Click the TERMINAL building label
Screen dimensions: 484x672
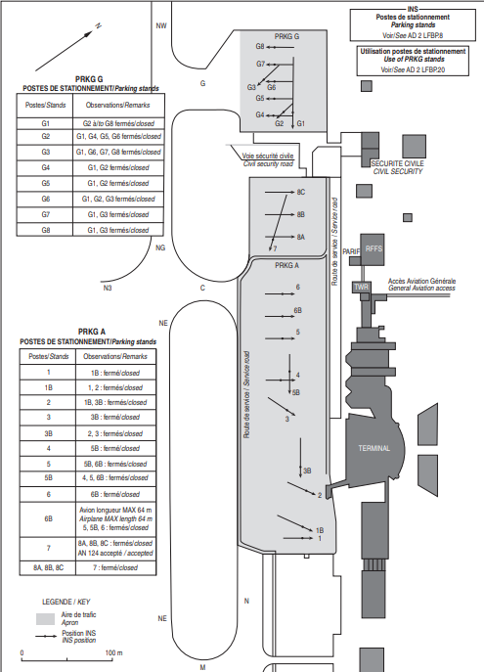pyautogui.click(x=374, y=448)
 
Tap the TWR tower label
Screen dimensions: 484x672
pyautogui.click(x=361, y=287)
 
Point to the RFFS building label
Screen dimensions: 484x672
pyautogui.click(x=374, y=248)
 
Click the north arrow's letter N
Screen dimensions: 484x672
pyautogui.click(x=99, y=26)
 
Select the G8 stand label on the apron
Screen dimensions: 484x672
pyautogui.click(x=260, y=46)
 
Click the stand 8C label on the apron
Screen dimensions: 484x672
pyautogui.click(x=301, y=192)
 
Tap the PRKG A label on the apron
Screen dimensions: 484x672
pyautogui.click(x=286, y=266)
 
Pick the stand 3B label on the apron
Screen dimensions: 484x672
pyautogui.click(x=307, y=470)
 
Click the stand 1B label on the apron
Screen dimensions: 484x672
pyautogui.click(x=320, y=530)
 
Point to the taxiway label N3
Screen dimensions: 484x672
pyautogui.click(x=108, y=288)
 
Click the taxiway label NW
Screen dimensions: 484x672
pyautogui.click(x=161, y=25)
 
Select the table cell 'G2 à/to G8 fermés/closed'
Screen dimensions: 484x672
pyautogui.click(x=118, y=123)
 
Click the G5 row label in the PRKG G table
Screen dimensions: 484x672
pyautogui.click(x=45, y=183)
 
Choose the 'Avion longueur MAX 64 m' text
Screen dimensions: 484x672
pyautogui.click(x=115, y=510)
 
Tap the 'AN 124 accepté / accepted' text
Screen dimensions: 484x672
pyautogui.click(x=115, y=553)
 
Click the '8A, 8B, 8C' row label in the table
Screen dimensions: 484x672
pyautogui.click(x=49, y=567)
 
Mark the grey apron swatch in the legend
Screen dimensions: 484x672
pyautogui.click(x=45, y=619)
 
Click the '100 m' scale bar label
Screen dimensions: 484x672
pyautogui.click(x=114, y=652)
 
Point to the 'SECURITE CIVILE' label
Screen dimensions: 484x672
pyautogui.click(x=398, y=163)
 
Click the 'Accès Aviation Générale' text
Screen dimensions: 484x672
pyautogui.click(x=421, y=281)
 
